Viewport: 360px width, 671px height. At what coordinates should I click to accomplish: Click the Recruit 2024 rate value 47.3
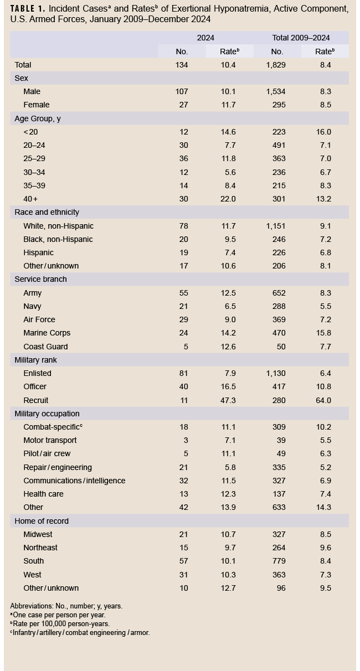click(x=229, y=400)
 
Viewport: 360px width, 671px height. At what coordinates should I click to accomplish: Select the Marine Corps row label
click(x=47, y=333)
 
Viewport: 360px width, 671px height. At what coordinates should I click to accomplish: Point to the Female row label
click(x=37, y=105)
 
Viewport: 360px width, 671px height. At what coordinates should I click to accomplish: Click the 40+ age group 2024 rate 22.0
click(x=229, y=199)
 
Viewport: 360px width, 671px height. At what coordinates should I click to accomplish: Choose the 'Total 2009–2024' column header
click(x=301, y=38)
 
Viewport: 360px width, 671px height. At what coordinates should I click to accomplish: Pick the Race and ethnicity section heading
click(x=47, y=212)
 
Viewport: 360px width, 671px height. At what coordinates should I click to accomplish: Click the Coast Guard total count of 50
click(x=281, y=347)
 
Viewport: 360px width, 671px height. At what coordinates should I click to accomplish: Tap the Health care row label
click(x=43, y=494)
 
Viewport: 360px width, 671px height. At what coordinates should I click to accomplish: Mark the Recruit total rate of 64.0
click(x=323, y=400)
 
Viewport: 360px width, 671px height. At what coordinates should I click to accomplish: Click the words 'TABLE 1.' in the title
click(x=28, y=9)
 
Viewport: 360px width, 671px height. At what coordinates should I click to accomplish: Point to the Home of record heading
click(x=42, y=521)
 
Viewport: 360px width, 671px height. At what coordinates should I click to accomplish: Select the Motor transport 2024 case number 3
click(x=186, y=440)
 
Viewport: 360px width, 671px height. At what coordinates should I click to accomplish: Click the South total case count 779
click(x=279, y=561)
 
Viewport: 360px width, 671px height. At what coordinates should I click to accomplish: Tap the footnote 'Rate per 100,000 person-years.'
click(x=61, y=623)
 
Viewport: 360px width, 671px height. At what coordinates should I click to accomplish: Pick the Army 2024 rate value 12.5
click(x=229, y=293)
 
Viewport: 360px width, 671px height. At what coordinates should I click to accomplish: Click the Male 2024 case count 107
click(x=182, y=91)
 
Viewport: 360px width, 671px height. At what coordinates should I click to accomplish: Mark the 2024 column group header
click(x=205, y=38)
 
